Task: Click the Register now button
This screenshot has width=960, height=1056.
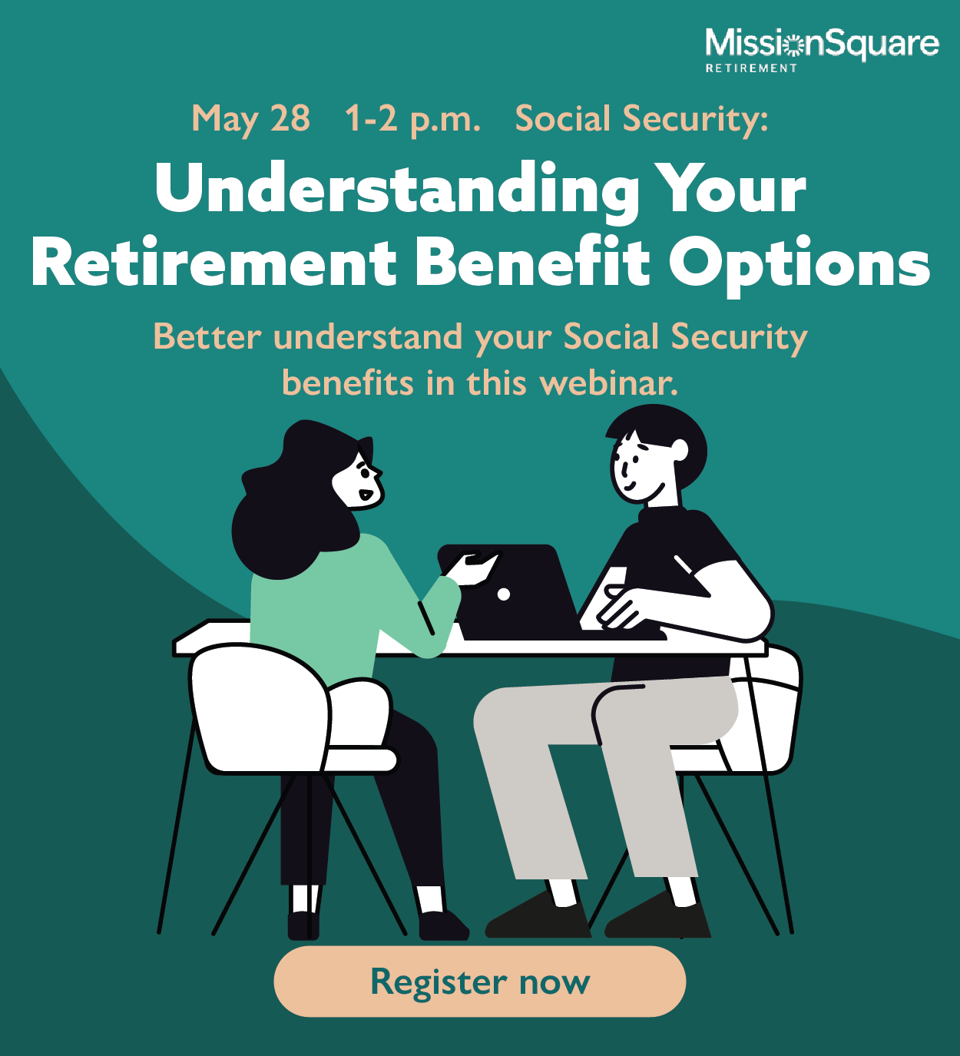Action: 479,982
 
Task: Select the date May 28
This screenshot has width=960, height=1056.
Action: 250,120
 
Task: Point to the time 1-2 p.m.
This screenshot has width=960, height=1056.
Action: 412,120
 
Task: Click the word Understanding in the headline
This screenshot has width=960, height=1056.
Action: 396,190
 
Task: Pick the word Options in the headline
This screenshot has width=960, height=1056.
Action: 799,263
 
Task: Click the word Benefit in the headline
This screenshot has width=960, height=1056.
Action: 533,263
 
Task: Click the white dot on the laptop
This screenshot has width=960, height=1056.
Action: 504,594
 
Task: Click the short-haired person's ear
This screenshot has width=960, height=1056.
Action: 680,450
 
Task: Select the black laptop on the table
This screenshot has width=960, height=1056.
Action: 515,591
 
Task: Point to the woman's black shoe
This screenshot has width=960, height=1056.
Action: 442,925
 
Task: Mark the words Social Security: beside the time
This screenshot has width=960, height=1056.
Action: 641,120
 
